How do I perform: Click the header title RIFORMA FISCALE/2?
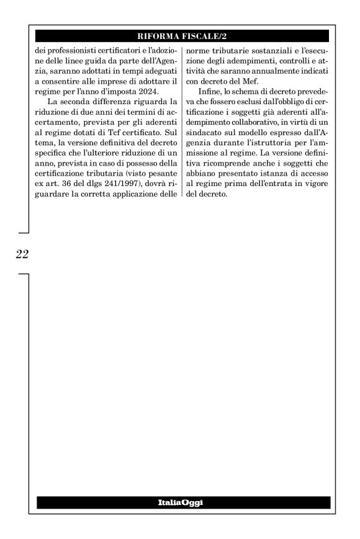[x=182, y=36]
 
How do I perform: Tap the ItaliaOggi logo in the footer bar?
[x=182, y=502]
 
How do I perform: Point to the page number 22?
[x=22, y=254]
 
